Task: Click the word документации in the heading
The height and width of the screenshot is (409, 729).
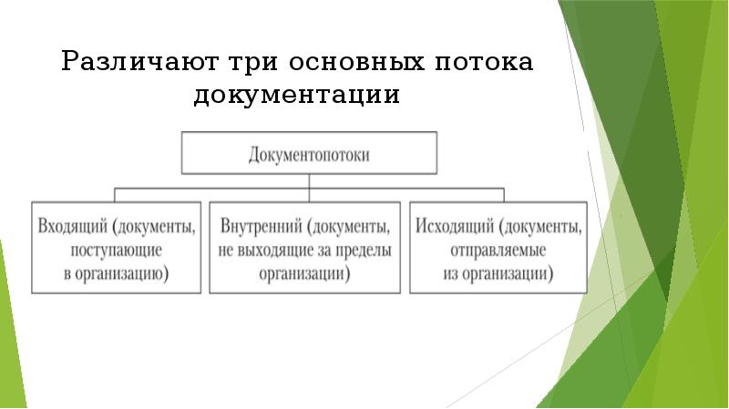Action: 297,96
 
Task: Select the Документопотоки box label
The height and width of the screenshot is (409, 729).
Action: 310,154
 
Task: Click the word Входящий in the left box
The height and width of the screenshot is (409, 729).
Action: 72,225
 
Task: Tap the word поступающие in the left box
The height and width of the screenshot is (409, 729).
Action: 115,249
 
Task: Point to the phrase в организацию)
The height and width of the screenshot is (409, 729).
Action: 115,272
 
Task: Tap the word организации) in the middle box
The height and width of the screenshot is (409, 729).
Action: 305,272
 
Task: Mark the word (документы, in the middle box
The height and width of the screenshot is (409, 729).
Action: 353,225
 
